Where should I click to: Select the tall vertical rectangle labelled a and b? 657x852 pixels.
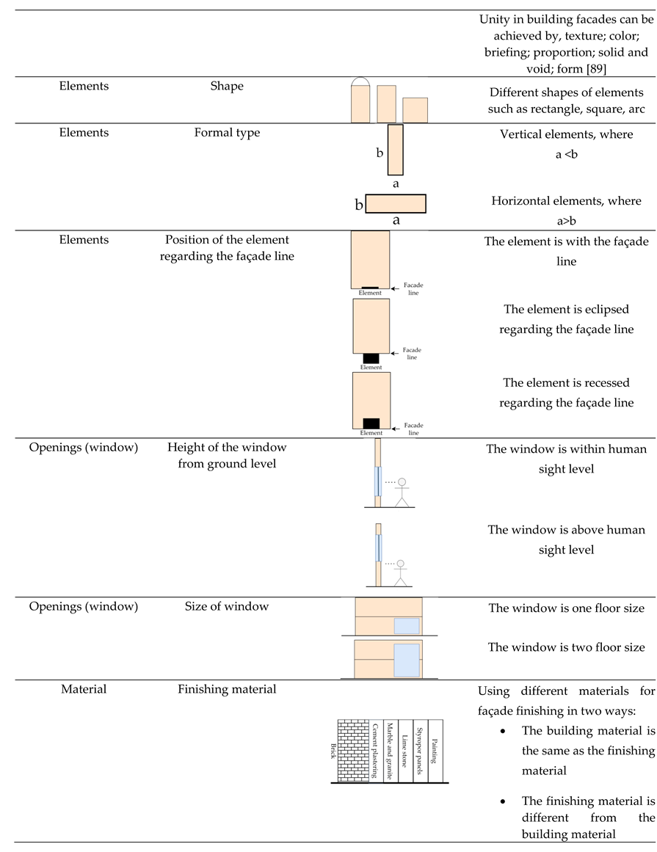click(x=396, y=150)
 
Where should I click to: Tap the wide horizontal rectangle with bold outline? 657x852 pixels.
click(x=396, y=203)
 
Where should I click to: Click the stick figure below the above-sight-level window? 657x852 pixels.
click(x=400, y=572)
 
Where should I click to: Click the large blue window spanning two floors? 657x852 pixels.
click(x=407, y=660)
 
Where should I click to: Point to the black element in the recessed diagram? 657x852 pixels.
click(x=371, y=423)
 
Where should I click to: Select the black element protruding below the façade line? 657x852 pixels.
click(x=371, y=358)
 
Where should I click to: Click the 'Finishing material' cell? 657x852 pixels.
click(x=227, y=689)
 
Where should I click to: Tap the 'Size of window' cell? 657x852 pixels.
click(x=227, y=606)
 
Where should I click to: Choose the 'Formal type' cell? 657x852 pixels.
click(x=227, y=133)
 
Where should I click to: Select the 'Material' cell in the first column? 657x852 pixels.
click(x=84, y=689)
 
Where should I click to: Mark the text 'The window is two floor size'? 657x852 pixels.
click(x=566, y=647)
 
